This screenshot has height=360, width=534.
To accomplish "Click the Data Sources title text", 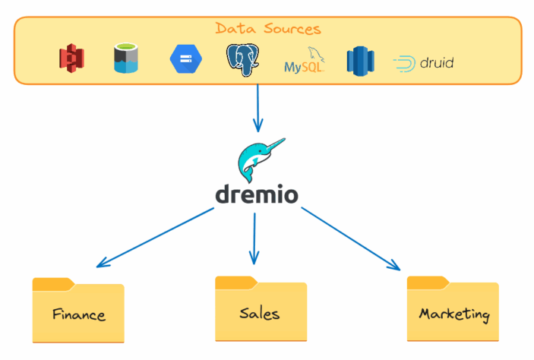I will click(x=267, y=29).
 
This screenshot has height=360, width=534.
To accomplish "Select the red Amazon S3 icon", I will click(x=71, y=59).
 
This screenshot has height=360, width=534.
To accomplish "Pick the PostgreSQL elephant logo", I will click(x=243, y=59).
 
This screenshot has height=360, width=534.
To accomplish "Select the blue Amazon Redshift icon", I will click(x=361, y=60).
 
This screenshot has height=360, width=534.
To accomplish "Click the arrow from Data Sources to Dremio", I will click(x=258, y=106).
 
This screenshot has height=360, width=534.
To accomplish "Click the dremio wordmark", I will click(x=256, y=194).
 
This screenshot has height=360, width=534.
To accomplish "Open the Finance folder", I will click(x=78, y=311).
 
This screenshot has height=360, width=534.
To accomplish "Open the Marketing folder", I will click(x=453, y=310).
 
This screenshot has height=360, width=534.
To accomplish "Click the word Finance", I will click(x=78, y=314).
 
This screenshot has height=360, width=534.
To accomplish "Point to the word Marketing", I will click(x=454, y=314).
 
